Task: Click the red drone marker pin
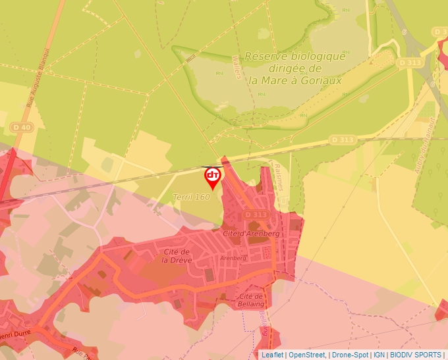pos(212,176)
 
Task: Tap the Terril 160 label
pos(191,197)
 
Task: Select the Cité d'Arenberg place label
pos(252,234)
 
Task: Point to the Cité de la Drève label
pos(177,255)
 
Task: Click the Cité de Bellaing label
pos(250,300)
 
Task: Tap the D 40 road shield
pos(22,127)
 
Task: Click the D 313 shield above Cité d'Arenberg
pos(255,215)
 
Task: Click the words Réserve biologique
pos(294,57)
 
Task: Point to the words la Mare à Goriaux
pos(294,80)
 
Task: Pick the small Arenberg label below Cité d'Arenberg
pos(233,258)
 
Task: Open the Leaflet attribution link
pos(273,355)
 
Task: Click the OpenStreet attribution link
pos(306,355)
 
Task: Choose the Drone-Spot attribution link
pos(350,355)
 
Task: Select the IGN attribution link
pos(379,355)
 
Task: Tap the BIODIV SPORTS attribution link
pos(416,355)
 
